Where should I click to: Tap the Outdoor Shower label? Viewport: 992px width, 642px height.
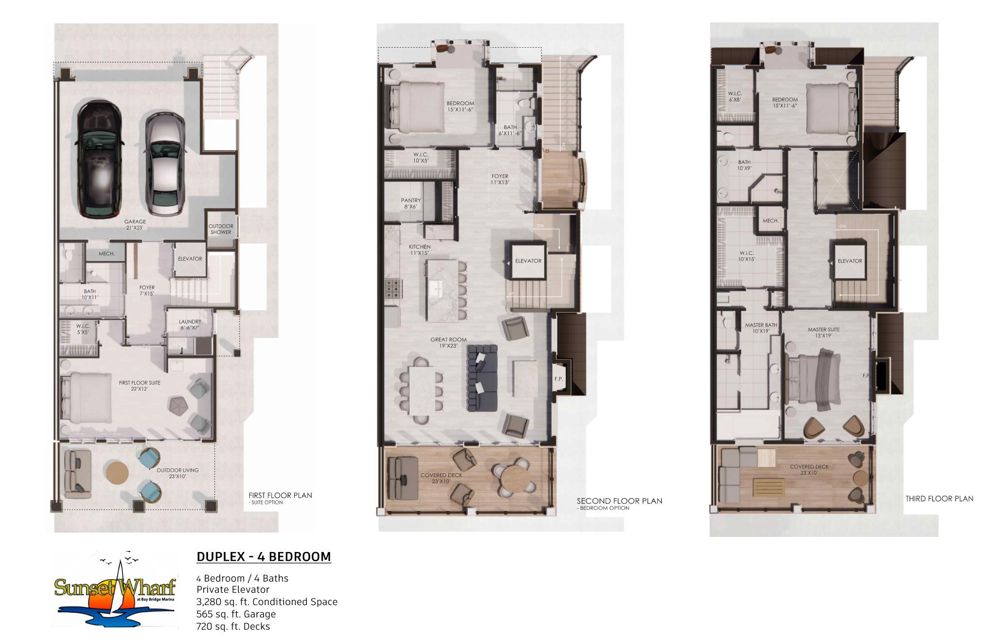tap(221, 229)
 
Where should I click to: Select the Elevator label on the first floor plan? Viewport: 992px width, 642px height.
tap(190, 259)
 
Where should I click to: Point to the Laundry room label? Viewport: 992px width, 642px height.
tap(190, 324)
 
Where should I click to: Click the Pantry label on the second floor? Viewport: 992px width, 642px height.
tap(411, 203)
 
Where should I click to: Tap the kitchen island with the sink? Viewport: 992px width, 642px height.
tap(442, 290)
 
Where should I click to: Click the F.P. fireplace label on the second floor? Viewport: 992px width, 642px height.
tap(559, 378)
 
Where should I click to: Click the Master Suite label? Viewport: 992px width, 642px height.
tap(824, 332)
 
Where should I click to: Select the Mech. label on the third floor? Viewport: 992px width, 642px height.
tap(771, 221)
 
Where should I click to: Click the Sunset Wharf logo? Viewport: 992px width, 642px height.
tap(115, 589)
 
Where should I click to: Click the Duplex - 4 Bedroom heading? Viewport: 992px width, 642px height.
tap(264, 557)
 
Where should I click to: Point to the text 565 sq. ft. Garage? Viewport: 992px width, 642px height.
tap(236, 614)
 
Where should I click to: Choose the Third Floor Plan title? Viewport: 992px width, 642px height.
tap(939, 499)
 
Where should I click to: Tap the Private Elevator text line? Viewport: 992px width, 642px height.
tap(233, 589)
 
